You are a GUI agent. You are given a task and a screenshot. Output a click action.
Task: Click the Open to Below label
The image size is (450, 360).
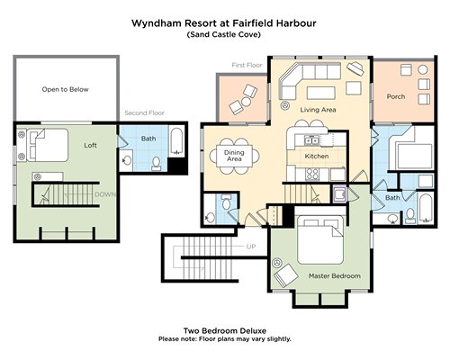[65, 89]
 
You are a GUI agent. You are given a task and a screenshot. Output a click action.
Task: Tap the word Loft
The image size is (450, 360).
[90, 145]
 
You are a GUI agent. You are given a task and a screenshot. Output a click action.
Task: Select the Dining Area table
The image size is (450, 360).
[234, 156]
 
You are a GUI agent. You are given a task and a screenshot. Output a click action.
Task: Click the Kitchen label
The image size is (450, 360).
[317, 156]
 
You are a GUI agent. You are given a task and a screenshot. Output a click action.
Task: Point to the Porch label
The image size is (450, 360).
[396, 96]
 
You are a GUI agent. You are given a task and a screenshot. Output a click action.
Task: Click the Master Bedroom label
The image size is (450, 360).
[335, 275]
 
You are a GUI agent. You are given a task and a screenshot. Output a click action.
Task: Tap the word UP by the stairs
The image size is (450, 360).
[251, 247]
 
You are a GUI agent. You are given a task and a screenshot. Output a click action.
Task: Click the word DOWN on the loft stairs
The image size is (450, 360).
[105, 194]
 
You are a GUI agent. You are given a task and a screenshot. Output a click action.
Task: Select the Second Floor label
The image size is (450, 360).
[144, 112]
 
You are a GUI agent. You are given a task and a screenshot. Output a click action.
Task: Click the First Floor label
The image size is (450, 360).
[247, 65]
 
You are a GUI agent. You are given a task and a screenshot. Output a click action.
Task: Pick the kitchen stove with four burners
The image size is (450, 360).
[312, 175]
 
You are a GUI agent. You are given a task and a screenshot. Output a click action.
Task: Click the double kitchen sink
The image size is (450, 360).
[312, 140]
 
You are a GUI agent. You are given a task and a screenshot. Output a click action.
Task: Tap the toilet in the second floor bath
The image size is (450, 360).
[156, 164]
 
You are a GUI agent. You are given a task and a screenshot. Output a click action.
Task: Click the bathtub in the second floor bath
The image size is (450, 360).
[177, 141]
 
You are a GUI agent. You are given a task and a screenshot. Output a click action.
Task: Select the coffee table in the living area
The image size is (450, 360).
[321, 93]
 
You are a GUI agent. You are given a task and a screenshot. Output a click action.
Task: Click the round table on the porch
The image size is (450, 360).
[423, 70]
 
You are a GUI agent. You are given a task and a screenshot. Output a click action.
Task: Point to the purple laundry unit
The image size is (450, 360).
[340, 193]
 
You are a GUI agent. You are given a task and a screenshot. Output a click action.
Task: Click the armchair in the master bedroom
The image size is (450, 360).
[286, 275]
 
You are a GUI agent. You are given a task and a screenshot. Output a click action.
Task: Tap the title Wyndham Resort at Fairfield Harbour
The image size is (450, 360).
[224, 23]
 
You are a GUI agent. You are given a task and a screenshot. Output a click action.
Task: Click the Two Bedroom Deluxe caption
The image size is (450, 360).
[225, 331]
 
